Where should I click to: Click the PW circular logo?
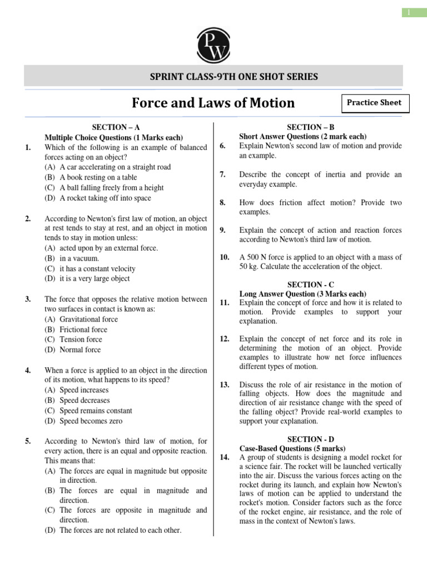click(x=213, y=44)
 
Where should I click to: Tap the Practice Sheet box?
click(x=374, y=103)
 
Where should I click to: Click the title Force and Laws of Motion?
click(x=213, y=103)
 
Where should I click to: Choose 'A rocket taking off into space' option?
click(x=105, y=198)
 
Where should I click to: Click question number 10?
click(x=225, y=257)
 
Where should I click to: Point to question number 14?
click(x=225, y=457)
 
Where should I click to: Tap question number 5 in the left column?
click(x=28, y=441)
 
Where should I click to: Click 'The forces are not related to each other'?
click(x=113, y=530)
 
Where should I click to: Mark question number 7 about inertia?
click(x=222, y=174)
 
